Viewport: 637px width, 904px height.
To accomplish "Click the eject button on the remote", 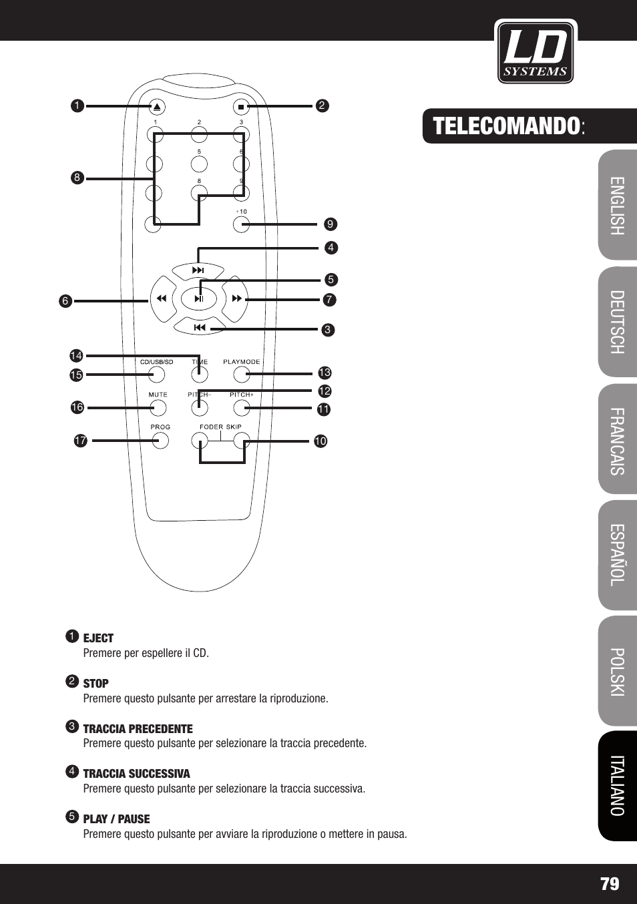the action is (x=157, y=107).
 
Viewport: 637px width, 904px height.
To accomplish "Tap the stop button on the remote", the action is (x=241, y=107).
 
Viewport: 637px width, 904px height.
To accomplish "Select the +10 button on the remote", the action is (x=241, y=224).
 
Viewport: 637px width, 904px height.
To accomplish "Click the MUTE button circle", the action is (x=158, y=408).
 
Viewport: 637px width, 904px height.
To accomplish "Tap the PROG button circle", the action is (x=160, y=440).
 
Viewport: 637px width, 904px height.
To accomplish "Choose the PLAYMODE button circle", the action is (x=242, y=375).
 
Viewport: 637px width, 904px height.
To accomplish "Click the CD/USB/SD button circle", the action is (x=157, y=375).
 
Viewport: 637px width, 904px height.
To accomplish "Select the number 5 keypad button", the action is (x=199, y=164).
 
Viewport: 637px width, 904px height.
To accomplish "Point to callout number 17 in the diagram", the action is (x=81, y=440).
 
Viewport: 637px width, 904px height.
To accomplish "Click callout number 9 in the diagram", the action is (x=331, y=224).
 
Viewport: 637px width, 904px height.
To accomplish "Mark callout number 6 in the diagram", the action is (x=65, y=301).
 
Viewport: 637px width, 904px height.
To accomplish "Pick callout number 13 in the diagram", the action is (x=325, y=373).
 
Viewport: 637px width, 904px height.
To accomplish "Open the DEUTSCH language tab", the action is (x=618, y=322).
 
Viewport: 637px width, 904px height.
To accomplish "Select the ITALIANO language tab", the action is (x=618, y=785).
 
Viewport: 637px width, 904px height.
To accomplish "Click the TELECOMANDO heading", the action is (x=506, y=126).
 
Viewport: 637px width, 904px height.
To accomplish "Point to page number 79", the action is (x=610, y=884).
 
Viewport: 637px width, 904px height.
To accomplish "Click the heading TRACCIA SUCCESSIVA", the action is (x=136, y=774).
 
